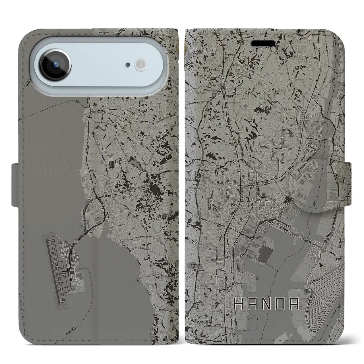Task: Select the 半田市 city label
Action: coord(259,200)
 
